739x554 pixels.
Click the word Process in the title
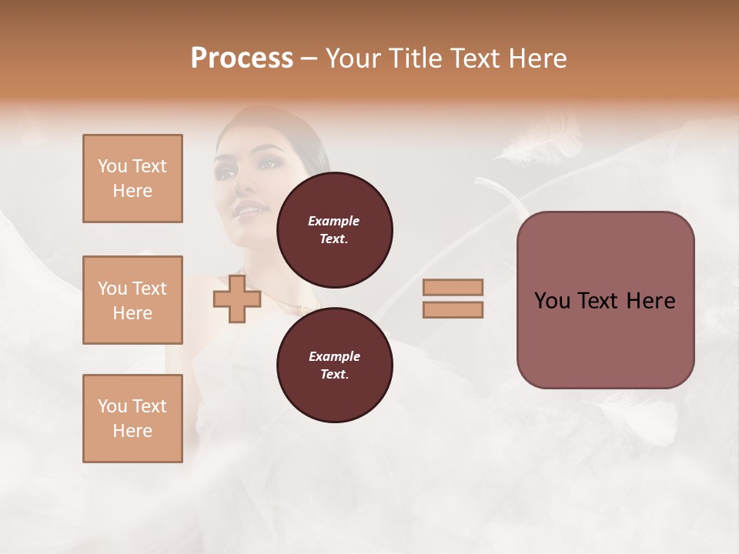pos(242,58)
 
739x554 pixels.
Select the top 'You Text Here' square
pos(132,179)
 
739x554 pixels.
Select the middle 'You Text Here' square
pos(132,300)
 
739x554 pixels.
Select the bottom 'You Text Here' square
pos(132,419)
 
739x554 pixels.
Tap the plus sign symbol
pos(237,299)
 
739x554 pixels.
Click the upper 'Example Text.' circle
pos(334,229)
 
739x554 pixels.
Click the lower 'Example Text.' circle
pos(334,365)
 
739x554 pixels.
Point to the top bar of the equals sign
pos(453,287)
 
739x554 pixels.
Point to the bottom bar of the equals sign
pos(453,309)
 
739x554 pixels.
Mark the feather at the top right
pos(539,146)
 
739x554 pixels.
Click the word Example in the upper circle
pos(333,221)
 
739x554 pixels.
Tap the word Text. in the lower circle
pos(333,374)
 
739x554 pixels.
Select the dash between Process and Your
pos(309,58)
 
